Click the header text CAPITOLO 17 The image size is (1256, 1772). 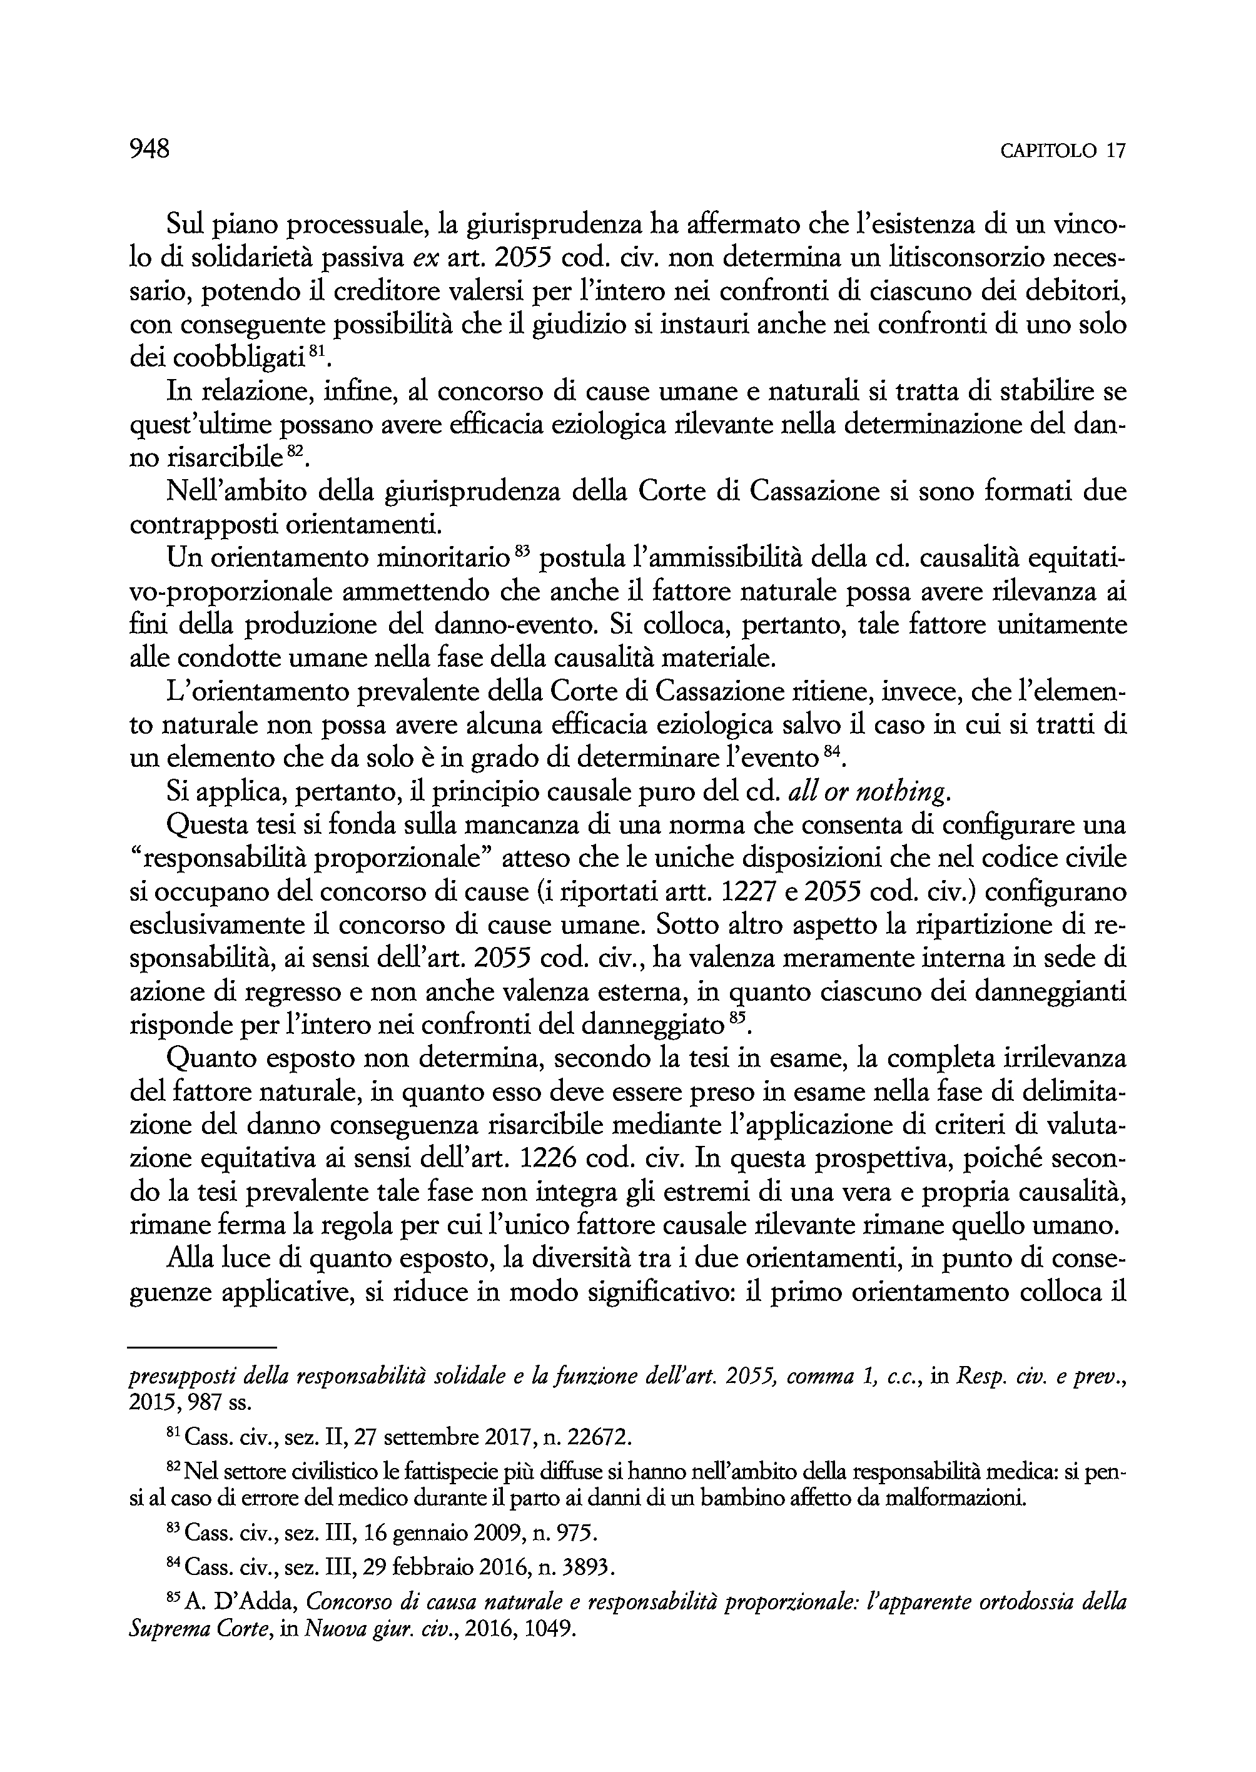tap(1063, 151)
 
